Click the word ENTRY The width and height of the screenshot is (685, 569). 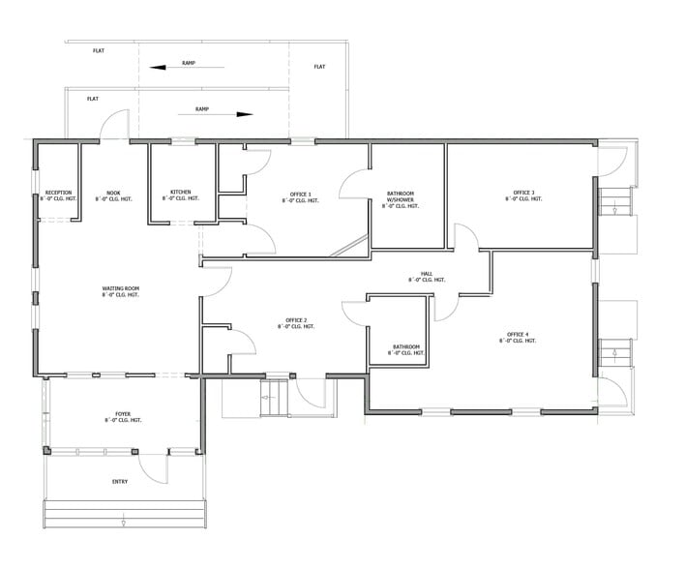click(x=120, y=481)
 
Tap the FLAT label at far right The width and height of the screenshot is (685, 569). click(x=320, y=67)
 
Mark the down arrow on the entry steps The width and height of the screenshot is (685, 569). click(x=125, y=523)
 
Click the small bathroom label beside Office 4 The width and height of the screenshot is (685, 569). click(x=405, y=349)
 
